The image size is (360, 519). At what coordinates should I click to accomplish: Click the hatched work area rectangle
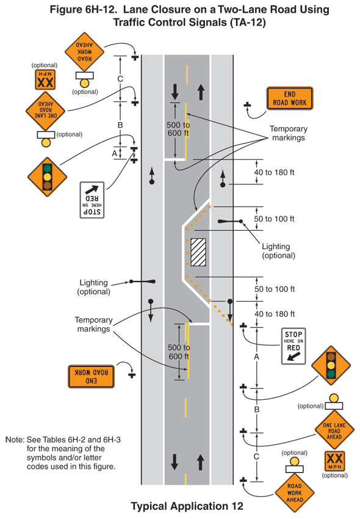198,252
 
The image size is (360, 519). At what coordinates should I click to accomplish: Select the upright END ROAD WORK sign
289,98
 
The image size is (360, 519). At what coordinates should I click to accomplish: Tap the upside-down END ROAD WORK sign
91,376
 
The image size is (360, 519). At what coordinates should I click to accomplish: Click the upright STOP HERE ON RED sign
293,346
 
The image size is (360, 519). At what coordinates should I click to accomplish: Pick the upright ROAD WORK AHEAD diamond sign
295,493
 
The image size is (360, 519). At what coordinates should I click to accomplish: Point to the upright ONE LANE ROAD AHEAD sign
334,431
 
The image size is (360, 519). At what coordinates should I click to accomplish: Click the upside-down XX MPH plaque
45,79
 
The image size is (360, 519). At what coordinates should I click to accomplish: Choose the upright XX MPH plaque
334,461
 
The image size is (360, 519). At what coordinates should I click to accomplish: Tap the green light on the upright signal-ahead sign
331,374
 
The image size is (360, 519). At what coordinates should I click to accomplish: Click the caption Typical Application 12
187,506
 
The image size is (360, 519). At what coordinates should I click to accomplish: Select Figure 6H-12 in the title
83,9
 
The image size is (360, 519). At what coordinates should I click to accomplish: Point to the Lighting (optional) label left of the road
93,287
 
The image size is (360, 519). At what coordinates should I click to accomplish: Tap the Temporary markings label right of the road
289,133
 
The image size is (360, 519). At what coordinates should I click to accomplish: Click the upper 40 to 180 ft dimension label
274,172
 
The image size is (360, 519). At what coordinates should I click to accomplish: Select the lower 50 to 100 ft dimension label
275,289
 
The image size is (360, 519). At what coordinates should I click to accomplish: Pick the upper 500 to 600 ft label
178,129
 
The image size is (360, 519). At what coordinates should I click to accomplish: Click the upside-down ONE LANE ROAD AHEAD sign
46,111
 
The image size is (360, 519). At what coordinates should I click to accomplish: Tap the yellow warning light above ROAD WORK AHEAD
295,462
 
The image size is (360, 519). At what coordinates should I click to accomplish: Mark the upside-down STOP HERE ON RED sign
92,200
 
